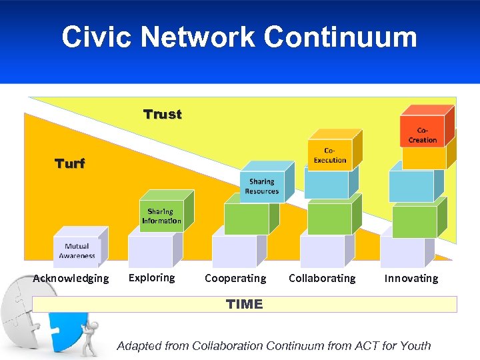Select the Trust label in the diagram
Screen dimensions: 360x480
[x=163, y=115]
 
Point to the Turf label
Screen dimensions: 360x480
[x=70, y=163]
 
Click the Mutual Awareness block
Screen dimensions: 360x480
[x=77, y=251]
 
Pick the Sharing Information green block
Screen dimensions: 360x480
[x=161, y=216]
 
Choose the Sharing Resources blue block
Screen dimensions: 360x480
[x=262, y=186]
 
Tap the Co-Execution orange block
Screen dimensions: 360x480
[x=330, y=155]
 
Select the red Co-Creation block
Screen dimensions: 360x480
[x=422, y=135]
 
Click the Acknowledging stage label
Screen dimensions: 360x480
[x=71, y=279]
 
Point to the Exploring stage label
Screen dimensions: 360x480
[x=152, y=277]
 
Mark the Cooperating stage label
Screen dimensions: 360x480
[x=235, y=279]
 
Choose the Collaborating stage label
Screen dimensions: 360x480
[x=322, y=279]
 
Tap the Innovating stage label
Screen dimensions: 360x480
[x=411, y=279]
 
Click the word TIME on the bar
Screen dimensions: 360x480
[x=244, y=305]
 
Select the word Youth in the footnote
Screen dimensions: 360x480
[x=415, y=345]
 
